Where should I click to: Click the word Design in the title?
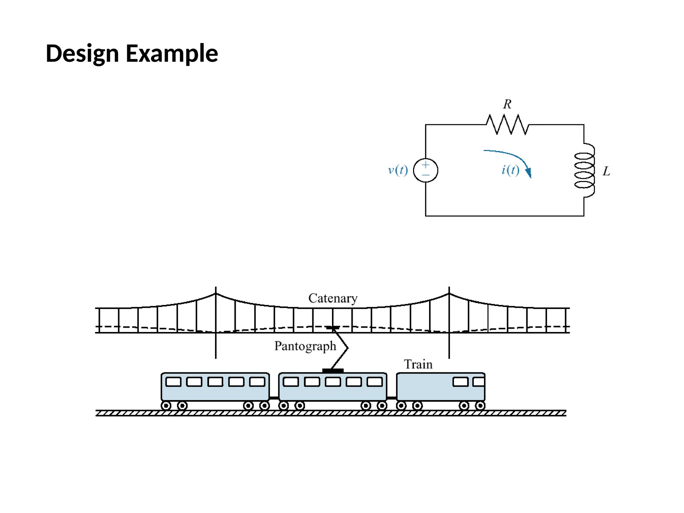tap(82, 53)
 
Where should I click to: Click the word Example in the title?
tap(172, 53)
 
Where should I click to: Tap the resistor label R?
tap(507, 104)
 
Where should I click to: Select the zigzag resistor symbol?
tap(507, 125)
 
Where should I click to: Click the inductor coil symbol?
tap(585, 170)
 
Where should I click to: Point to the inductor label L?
tap(606, 171)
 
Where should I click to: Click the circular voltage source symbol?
tap(425, 170)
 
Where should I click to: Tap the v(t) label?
tap(398, 170)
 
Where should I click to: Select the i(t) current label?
tap(510, 170)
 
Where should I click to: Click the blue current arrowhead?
tap(528, 173)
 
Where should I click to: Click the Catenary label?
tap(333, 298)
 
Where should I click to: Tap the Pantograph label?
tap(305, 346)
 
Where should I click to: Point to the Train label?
tap(418, 364)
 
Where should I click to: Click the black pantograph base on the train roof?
tap(333, 370)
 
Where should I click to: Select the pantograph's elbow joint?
tap(347, 348)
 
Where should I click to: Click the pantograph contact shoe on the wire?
tap(333, 328)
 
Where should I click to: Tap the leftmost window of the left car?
tap(173, 382)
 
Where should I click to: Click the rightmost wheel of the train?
tap(480, 406)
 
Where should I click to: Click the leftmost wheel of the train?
tap(166, 406)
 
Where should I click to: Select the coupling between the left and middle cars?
tap(274, 398)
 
